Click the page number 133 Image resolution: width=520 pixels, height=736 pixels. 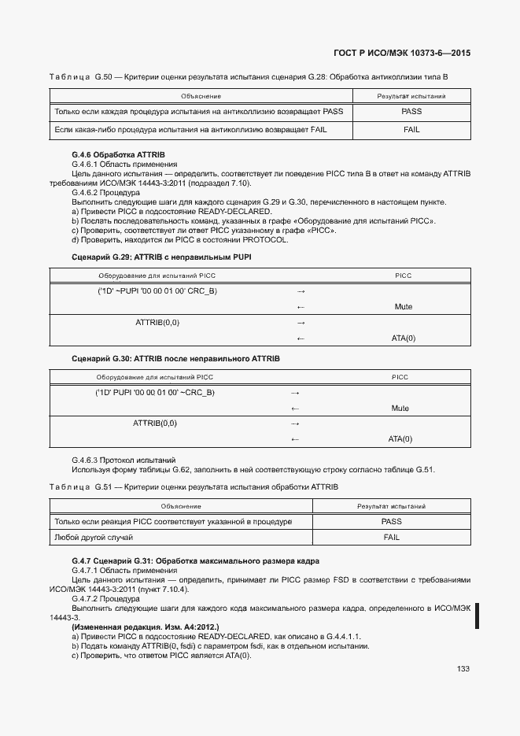point(463,669)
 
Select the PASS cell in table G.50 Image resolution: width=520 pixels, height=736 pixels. point(411,112)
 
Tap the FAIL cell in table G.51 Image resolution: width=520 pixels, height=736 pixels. point(391,537)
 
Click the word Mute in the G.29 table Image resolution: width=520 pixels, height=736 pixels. point(403,307)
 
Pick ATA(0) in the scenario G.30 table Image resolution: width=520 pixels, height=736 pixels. point(400,438)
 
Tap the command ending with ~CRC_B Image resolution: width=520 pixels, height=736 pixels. point(155,392)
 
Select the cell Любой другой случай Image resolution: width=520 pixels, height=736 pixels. point(93,537)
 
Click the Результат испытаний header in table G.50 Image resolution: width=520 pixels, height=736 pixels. point(411,95)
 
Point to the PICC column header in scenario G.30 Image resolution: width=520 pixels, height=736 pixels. point(400,377)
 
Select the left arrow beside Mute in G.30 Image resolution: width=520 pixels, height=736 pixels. point(296,409)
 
